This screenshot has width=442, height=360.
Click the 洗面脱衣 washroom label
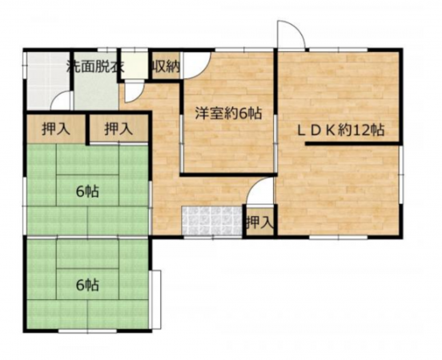pyautogui.click(x=94, y=66)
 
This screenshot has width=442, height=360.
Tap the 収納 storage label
pyautogui.click(x=165, y=66)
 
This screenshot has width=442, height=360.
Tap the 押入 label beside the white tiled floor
pyautogui.click(x=259, y=222)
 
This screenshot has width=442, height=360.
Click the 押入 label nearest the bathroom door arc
pyautogui.click(x=54, y=129)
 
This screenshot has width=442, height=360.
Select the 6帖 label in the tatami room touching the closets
pyautogui.click(x=87, y=191)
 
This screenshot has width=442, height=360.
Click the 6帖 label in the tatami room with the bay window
pyautogui.click(x=87, y=284)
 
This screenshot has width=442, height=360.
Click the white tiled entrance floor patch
pyautogui.click(x=211, y=220)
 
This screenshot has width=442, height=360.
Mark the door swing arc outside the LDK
pyautogui.click(x=291, y=37)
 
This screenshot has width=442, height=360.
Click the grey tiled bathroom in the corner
pyautogui.click(x=44, y=80)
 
